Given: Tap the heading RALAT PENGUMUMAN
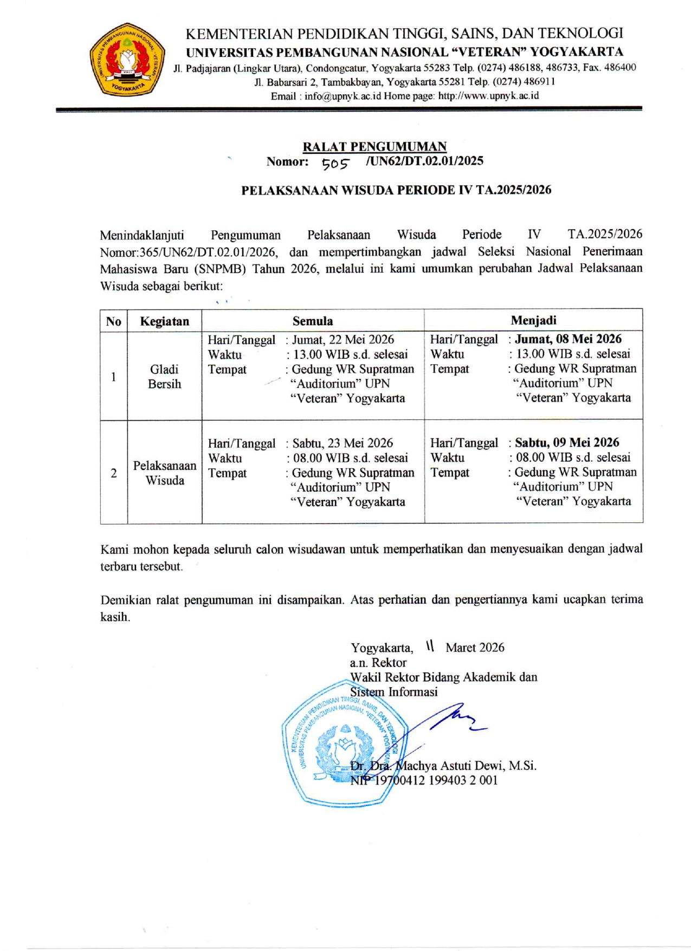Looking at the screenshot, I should coord(374,146).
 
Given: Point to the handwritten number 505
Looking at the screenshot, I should coord(335,163).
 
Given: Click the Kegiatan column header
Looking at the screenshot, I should coord(164,321).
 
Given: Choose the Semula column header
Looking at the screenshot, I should coord(313,321).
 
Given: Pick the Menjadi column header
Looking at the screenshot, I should coord(533,320).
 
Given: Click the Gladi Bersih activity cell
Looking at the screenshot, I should coord(164,377).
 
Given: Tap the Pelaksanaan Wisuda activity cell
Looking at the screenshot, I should coord(165,473).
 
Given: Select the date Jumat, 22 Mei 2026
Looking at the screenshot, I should coord(343,340).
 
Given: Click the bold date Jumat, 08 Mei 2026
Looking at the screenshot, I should coord(568,339).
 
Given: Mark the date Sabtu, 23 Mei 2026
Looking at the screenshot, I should coord(343,443).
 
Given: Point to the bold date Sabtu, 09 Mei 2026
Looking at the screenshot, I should coord(567,443).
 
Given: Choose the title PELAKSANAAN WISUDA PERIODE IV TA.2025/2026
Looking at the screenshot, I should coord(396,190).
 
